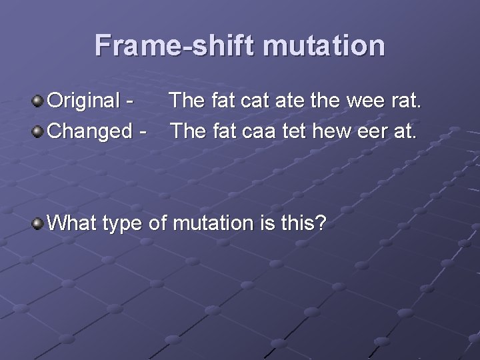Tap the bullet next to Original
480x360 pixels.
38,101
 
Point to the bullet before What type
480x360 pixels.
38,223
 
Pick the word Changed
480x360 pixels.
92,131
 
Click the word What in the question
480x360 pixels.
73,223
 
